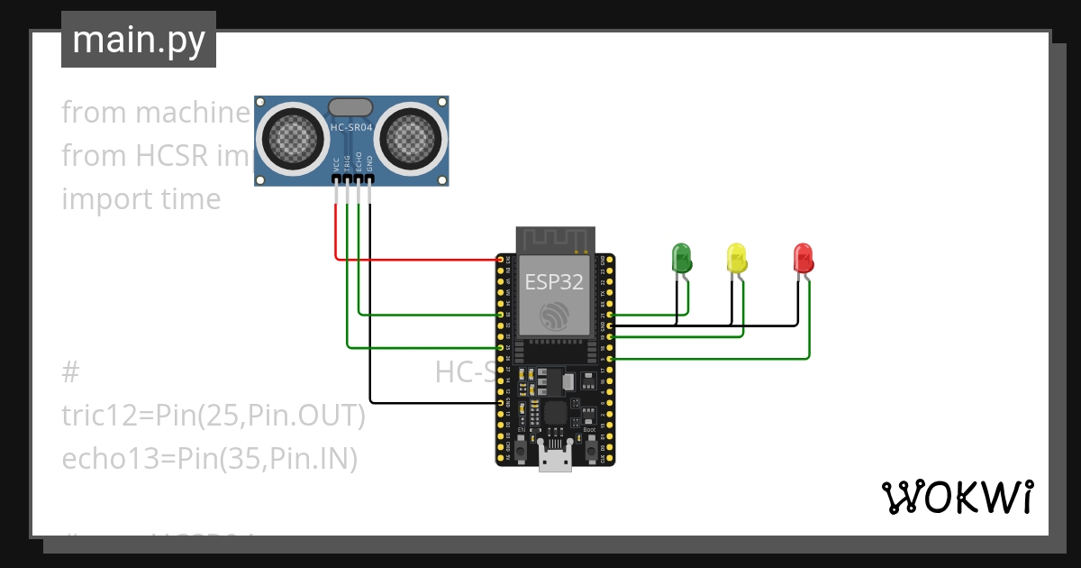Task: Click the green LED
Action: (x=682, y=258)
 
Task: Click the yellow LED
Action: (x=736, y=258)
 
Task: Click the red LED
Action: (x=803, y=258)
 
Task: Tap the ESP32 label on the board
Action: (x=555, y=281)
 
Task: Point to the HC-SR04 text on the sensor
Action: (x=351, y=129)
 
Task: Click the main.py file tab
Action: (x=139, y=40)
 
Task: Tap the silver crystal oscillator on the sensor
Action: (x=351, y=107)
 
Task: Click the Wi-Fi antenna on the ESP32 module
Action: (x=555, y=239)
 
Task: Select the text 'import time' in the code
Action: (x=141, y=199)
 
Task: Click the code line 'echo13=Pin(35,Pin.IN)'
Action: (x=210, y=459)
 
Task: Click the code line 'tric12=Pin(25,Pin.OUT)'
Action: (x=213, y=416)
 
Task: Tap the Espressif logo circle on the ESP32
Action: (x=555, y=315)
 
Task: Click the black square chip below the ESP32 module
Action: (x=555, y=414)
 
